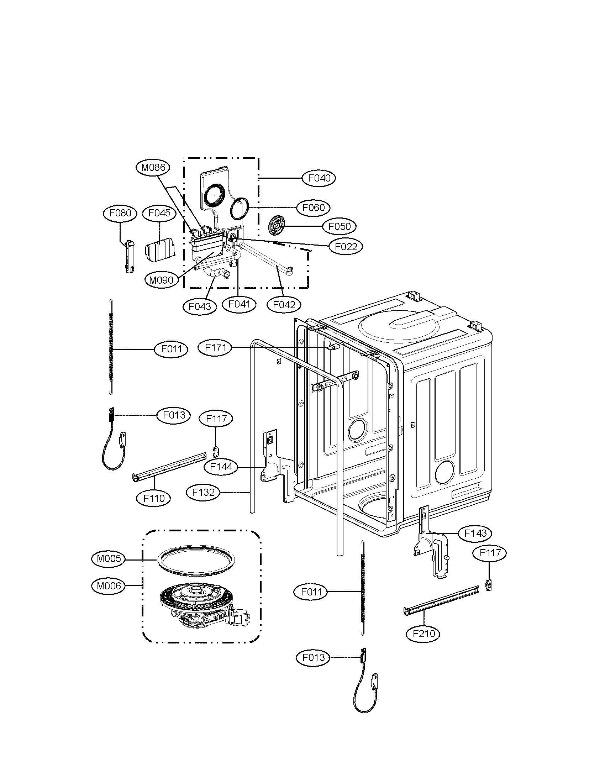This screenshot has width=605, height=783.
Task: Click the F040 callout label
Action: [x=319, y=178]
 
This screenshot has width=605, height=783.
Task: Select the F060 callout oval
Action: [x=314, y=207]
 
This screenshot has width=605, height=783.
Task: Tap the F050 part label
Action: [x=340, y=227]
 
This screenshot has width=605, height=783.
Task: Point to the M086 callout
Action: [x=153, y=167]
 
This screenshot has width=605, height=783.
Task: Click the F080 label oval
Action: [x=120, y=213]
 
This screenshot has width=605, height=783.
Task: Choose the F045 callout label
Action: [x=159, y=213]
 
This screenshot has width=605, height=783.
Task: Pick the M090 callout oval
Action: [x=161, y=280]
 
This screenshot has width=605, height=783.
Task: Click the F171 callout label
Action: [x=215, y=347]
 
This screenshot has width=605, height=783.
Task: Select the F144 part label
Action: [x=221, y=467]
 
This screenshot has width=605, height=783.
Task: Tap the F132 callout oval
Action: [x=203, y=493]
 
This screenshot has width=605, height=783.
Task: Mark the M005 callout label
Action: [x=109, y=558]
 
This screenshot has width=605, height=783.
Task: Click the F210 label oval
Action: [x=423, y=634]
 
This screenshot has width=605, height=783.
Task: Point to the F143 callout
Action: [x=475, y=543]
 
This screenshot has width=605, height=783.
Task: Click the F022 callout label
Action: [x=346, y=247]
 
